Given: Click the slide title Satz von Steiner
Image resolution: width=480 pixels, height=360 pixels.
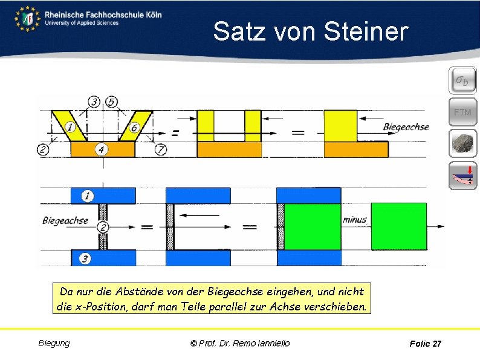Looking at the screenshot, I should click(310, 31).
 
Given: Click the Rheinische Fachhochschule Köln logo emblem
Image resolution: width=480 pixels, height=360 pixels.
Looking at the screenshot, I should click(27, 19).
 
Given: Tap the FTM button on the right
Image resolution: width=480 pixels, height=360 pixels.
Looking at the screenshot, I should click(462, 112).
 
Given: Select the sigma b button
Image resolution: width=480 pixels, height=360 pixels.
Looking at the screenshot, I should click(462, 80).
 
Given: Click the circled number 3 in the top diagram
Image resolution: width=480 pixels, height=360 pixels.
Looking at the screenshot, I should click(94, 102).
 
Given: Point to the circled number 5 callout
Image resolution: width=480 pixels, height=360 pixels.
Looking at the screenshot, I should click(111, 102).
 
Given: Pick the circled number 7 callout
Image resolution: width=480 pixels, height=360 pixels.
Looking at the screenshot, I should click(160, 149).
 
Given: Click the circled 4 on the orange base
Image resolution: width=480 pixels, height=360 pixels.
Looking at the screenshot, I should click(102, 148).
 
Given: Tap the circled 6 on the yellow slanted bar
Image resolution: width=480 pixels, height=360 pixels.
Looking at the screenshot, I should click(134, 128).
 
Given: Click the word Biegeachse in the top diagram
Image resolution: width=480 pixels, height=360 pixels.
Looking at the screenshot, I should click(406, 127).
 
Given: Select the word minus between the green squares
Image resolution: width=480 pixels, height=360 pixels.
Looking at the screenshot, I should click(354, 220).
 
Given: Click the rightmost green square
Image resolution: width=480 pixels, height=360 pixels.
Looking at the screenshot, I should click(398, 226).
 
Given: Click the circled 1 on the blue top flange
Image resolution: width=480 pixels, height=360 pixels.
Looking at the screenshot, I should click(88, 195).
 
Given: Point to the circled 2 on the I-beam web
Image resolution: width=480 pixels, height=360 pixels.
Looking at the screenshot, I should click(103, 227).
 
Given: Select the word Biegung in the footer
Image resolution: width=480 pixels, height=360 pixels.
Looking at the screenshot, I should click(54, 343).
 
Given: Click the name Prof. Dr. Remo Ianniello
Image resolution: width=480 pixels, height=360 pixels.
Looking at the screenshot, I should click(240, 343).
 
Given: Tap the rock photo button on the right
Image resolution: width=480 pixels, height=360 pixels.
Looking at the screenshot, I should click(462, 144).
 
